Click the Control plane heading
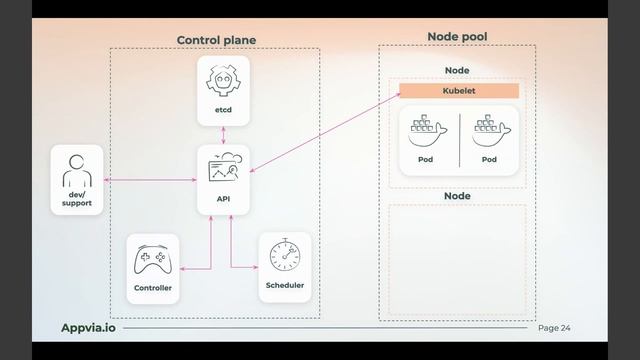[x=216, y=40]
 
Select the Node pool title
[x=457, y=37]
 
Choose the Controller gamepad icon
[x=153, y=262]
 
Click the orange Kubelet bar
[x=459, y=91]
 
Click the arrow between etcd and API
[x=223, y=135]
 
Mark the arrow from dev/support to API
[x=150, y=180]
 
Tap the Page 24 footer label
[x=554, y=328]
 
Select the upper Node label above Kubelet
[x=457, y=70]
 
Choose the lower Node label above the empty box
[x=457, y=196]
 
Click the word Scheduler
[x=285, y=286]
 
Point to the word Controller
[x=153, y=288]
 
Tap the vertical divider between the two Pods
[x=459, y=140]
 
